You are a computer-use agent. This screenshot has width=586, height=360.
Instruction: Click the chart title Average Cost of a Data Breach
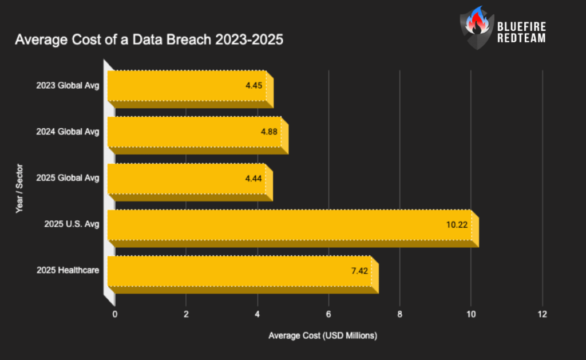tap(149, 41)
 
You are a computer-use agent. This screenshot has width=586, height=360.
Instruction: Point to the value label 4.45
tap(254, 85)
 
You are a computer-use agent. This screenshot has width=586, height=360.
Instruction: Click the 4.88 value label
tap(269, 132)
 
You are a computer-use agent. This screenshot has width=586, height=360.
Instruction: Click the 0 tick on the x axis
tap(115, 314)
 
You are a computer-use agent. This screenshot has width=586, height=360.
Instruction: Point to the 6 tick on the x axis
tap(328, 314)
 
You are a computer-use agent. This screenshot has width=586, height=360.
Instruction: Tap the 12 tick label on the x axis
tap(542, 314)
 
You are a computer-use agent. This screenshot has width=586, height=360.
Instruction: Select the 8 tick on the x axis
tap(400, 314)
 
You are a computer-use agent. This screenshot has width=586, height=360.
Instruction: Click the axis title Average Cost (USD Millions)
tap(323, 335)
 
